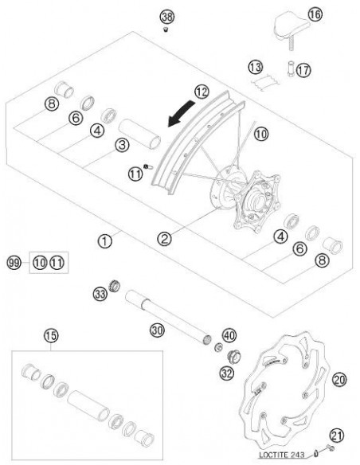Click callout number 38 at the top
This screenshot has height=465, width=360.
pos(166,17)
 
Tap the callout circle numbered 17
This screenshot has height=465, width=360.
pos(302,70)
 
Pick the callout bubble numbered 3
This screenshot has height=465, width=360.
pos(121,143)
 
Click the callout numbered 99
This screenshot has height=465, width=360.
pos(13,261)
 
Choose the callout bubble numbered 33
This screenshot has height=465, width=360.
pos(101,294)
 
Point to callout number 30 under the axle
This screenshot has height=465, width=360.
pos(157,329)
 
